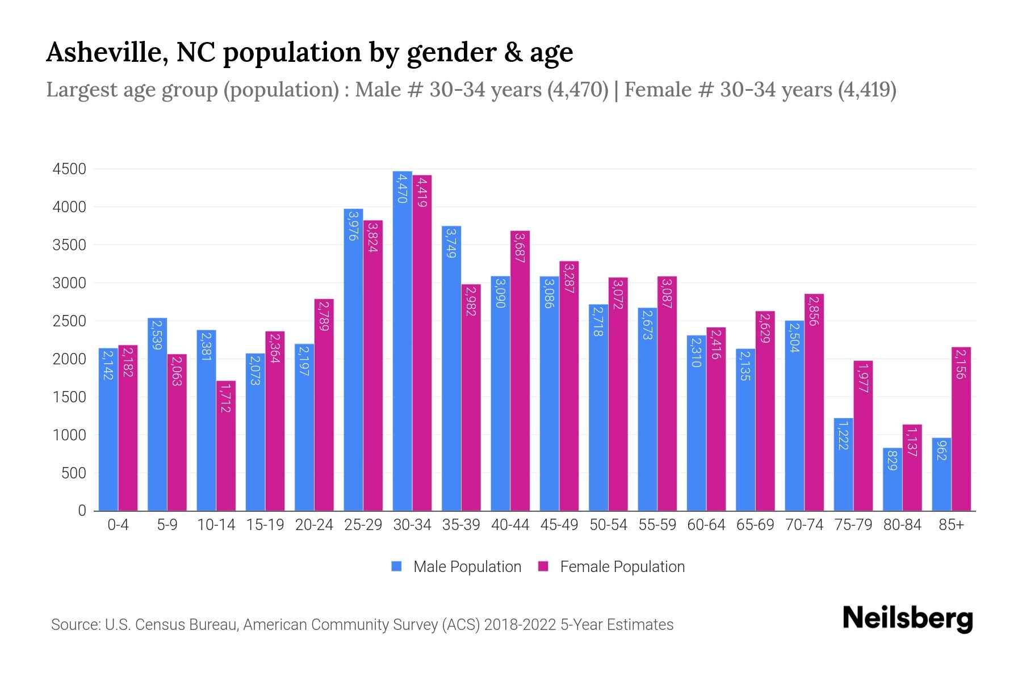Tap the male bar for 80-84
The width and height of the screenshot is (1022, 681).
click(892, 491)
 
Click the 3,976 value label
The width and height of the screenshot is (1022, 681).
click(353, 225)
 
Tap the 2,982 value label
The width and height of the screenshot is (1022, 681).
click(471, 301)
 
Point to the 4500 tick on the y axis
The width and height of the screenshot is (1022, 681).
click(69, 169)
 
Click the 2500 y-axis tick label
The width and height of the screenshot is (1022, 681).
click(69, 321)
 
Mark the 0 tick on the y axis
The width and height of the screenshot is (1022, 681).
click(82, 511)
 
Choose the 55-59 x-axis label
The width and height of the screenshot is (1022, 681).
click(657, 525)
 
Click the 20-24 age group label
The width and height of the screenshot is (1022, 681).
click(314, 525)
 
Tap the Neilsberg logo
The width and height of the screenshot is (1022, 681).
click(907, 619)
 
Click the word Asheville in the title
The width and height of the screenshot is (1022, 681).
click(106, 52)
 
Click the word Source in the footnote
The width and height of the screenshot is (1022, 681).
click(75, 625)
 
